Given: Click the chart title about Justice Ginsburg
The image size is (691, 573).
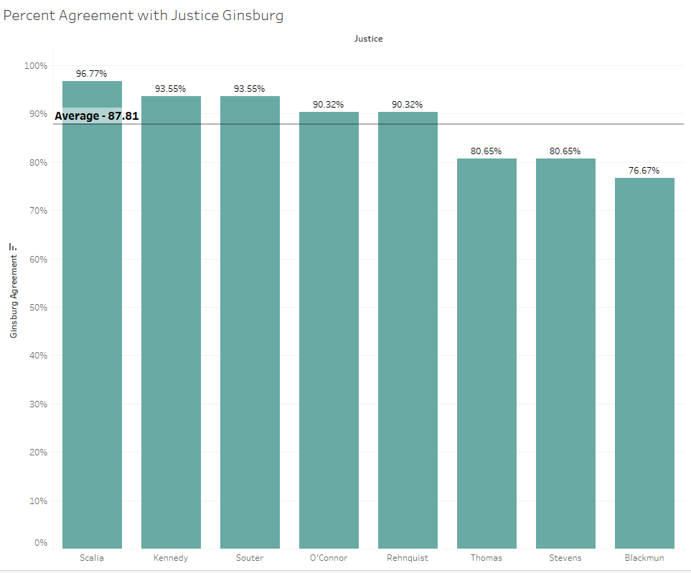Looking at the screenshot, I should coord(144,15).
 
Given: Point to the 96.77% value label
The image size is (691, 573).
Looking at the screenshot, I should coord(92,73).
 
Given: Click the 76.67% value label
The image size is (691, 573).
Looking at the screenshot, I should coord(644,171).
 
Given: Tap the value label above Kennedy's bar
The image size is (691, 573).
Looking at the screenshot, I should coord(171,89).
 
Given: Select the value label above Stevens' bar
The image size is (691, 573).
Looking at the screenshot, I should coord(565,151).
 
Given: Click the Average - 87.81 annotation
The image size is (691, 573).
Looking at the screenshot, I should coord(97,115).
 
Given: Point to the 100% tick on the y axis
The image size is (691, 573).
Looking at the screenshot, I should coord(35,66).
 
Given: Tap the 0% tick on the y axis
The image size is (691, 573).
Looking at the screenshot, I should coord(40,543).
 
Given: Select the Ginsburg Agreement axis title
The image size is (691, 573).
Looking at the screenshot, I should coord(14,296).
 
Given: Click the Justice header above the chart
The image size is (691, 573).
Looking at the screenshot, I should coord(368,39).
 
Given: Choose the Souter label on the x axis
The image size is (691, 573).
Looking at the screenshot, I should coord(250,558).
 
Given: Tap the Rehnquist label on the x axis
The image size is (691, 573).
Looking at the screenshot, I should coord(408,558).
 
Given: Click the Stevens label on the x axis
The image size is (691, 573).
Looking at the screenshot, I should coord(565,558).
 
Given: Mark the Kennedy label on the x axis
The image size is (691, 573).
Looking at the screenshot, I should coord(171,558).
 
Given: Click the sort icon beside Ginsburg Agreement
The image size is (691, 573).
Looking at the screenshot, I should coord(13,247).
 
